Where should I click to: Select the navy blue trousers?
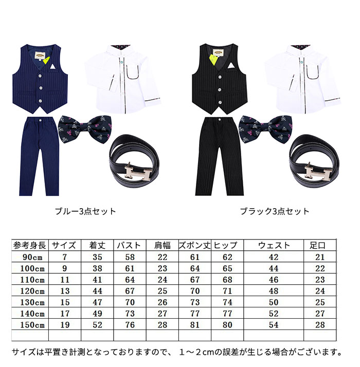[x=39, y=156]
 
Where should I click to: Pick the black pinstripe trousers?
[x=219, y=156]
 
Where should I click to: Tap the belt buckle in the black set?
[x=318, y=173]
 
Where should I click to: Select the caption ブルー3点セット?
[x=85, y=211]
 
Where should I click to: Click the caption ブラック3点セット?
[x=275, y=211]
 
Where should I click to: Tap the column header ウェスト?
[x=274, y=246]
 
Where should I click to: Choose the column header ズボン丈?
[x=194, y=246]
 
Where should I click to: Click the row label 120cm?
[x=32, y=291]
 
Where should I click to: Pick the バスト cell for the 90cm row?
[x=130, y=257]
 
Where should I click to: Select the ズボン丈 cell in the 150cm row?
[x=195, y=325]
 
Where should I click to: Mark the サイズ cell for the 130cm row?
[x=65, y=302]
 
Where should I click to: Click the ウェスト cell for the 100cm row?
[x=274, y=268]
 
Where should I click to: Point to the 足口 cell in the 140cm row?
[x=320, y=314]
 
